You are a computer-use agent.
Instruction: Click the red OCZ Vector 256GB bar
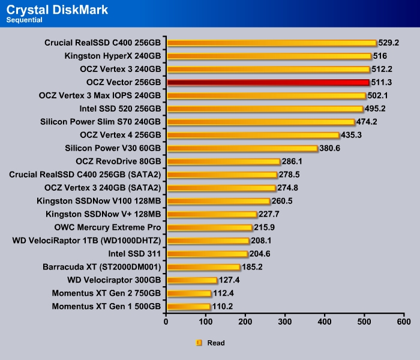(x=267, y=82)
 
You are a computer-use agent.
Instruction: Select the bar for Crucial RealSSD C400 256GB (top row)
(x=271, y=43)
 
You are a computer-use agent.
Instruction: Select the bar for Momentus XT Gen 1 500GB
(x=188, y=307)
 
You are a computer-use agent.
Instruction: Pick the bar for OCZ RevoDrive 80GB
(x=223, y=161)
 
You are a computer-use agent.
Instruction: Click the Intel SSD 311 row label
(x=131, y=254)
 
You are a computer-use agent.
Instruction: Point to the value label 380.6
(x=331, y=148)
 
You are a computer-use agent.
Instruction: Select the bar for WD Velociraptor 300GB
(x=192, y=280)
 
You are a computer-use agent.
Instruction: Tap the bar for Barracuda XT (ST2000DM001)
(x=203, y=267)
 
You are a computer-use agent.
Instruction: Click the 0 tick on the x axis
(x=166, y=322)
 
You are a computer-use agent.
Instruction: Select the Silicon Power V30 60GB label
(x=113, y=148)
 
